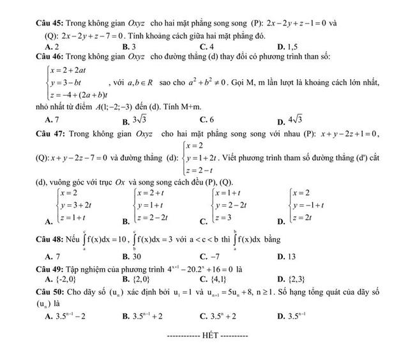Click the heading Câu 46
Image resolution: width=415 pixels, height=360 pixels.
(50, 56)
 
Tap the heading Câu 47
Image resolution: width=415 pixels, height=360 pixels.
(50, 133)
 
